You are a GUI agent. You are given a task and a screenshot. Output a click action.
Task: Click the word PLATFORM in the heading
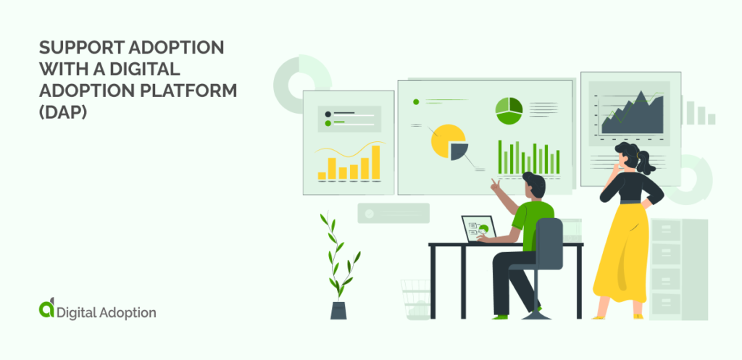pos(195,91)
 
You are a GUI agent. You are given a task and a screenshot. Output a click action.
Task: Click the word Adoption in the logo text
pos(126,313)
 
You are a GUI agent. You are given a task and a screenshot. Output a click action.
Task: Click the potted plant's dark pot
pos(338,310)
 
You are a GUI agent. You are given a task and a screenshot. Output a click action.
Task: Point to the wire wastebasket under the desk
pos(415,298)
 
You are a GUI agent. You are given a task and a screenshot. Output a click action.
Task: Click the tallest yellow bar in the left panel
pos(375,161)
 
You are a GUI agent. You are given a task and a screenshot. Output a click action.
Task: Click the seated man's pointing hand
pos(496,184)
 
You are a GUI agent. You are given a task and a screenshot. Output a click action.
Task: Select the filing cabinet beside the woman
pos(678,268)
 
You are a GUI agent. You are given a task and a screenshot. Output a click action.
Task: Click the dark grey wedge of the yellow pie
pos(459,150)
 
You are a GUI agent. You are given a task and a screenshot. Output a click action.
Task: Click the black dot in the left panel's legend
pos(328,114)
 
